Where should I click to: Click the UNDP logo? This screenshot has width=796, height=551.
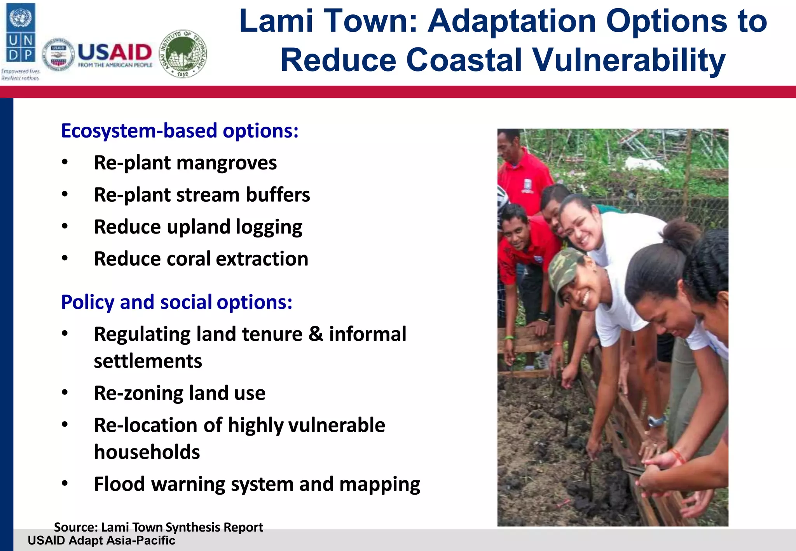pyautogui.click(x=21, y=33)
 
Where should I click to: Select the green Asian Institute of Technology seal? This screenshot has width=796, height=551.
pyautogui.click(x=183, y=54)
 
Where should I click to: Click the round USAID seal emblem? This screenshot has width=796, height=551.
pyautogui.click(x=58, y=55)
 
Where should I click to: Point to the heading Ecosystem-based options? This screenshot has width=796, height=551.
pyautogui.click(x=180, y=131)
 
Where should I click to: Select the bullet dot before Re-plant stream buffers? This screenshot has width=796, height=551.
pyautogui.click(x=65, y=194)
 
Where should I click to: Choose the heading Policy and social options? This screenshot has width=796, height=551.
pyautogui.click(x=176, y=302)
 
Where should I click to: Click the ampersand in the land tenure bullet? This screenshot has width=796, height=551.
pyautogui.click(x=316, y=334)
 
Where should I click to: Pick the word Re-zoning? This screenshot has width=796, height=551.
pyautogui.click(x=138, y=393)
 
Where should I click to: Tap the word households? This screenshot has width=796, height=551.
pyautogui.click(x=147, y=452)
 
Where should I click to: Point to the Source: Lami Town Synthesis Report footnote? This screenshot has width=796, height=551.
pyautogui.click(x=158, y=527)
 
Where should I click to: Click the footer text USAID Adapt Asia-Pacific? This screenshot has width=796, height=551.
pyautogui.click(x=101, y=541)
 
